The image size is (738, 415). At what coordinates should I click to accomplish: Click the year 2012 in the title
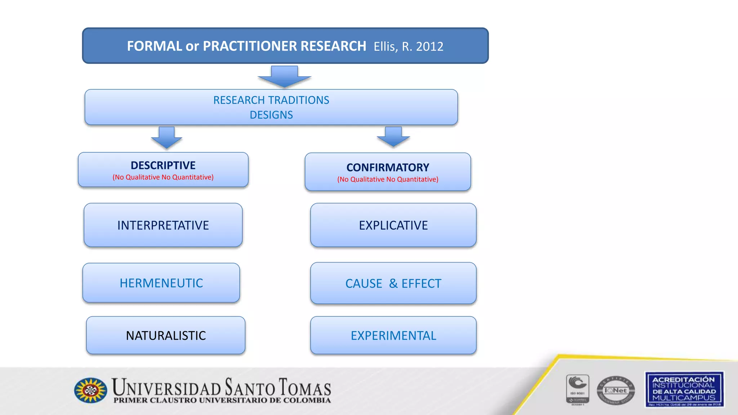[x=430, y=46]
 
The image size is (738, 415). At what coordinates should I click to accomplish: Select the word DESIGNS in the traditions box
[x=271, y=115]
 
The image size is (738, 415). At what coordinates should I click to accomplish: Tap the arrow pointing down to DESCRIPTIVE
[x=166, y=138]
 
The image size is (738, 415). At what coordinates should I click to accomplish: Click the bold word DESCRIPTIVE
[x=163, y=165]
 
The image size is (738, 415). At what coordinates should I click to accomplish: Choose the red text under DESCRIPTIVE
[x=163, y=177]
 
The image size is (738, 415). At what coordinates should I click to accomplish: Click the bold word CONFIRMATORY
[x=388, y=168]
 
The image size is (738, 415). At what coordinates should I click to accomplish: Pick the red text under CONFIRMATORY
[x=388, y=179]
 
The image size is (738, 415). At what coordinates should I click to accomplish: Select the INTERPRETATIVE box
[x=163, y=225]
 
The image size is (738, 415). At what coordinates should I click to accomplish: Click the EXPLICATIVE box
[x=393, y=225]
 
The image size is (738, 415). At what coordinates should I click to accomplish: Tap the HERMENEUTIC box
[x=161, y=283]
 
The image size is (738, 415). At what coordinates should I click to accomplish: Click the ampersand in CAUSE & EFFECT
[x=393, y=284]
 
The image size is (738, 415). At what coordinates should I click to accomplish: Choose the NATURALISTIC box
[x=166, y=335]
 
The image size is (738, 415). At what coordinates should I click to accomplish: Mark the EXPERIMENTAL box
[x=393, y=335]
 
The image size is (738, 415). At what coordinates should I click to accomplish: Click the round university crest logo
[x=90, y=390]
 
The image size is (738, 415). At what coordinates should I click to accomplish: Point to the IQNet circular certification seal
[x=615, y=391]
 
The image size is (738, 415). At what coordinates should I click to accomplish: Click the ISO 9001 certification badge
[x=577, y=389]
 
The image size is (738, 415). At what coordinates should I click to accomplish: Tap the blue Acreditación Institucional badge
[x=684, y=389]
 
